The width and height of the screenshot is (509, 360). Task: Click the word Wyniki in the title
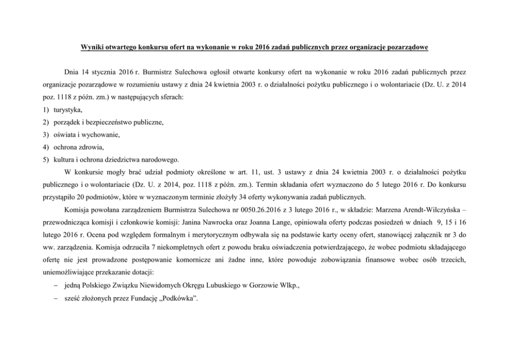pyautogui.click(x=91, y=48)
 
